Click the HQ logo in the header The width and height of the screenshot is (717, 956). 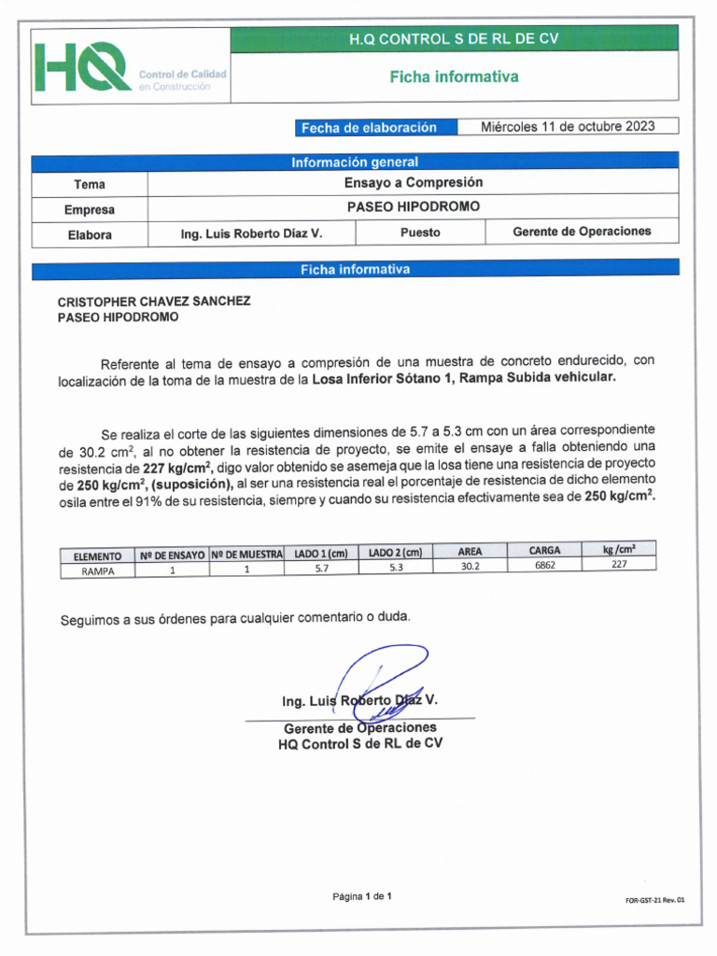84,66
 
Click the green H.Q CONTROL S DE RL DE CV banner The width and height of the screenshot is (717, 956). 454,39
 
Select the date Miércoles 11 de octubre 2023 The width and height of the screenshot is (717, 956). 568,126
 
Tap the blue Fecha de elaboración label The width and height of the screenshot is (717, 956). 368,127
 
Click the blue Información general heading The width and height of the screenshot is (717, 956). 355,162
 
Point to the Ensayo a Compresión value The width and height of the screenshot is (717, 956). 413,183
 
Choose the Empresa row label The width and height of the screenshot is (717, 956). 90,209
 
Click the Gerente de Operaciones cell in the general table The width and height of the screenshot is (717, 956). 582,232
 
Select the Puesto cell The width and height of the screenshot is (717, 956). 420,232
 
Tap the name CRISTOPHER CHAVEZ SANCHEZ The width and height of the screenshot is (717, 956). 154,302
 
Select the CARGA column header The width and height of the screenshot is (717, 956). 544,551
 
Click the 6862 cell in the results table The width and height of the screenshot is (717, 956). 544,566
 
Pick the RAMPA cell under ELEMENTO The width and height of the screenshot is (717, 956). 97,571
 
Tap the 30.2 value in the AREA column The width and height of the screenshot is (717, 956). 471,567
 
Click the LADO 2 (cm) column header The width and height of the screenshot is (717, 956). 395,553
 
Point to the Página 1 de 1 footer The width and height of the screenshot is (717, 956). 362,897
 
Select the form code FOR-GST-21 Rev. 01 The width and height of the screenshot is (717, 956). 654,900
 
